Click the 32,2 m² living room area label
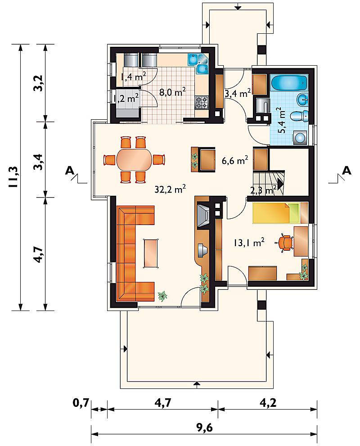coord(171,189)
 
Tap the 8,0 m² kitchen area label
coord(172,92)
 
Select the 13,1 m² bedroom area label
coord(249,243)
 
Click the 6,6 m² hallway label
coord(235,160)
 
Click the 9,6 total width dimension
coord(204,428)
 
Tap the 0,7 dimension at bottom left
coord(81,403)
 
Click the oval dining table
coord(134,159)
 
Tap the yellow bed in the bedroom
coord(276,213)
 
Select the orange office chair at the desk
coord(285,243)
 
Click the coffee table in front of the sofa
coord(152,252)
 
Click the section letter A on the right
coord(346,171)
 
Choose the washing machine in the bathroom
coord(300,138)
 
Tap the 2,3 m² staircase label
coord(264,189)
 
